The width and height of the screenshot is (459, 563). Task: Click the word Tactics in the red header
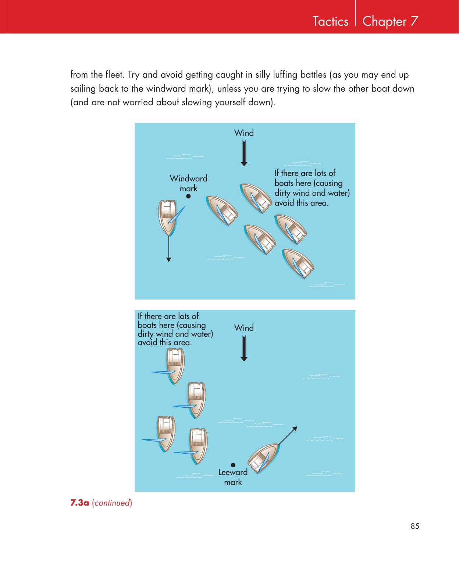point(330,21)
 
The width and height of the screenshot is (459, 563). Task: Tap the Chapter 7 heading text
point(390,21)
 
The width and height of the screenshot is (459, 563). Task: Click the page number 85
point(415,526)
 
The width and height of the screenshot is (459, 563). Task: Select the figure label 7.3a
point(79,503)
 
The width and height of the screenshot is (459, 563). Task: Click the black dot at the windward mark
point(188,196)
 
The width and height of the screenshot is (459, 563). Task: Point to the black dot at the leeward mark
point(233,465)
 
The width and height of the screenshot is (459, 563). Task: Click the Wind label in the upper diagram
point(244,133)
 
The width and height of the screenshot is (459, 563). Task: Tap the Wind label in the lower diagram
point(244,328)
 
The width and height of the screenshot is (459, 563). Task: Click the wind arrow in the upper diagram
point(244,153)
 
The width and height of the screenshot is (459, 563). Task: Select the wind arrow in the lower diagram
point(244,348)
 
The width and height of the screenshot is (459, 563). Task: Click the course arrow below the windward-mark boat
point(169,249)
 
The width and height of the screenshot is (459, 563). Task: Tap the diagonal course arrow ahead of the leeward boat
point(288,436)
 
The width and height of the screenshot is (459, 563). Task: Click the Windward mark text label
point(188,183)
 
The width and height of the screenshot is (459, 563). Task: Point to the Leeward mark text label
point(233,477)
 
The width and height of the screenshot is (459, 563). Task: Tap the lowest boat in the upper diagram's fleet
point(298,264)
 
